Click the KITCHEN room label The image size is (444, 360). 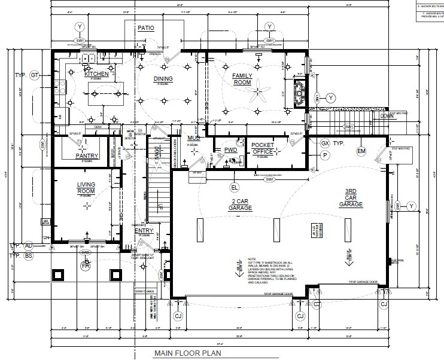coord(96,74)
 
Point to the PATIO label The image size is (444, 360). coord(146,28)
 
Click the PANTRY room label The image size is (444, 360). coord(87,156)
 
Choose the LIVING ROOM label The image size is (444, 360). coord(87,188)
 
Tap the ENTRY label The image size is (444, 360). coord(144,230)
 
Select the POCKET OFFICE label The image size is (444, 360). coord(262,148)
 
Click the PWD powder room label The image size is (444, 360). coord(230,150)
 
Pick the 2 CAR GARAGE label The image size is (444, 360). coord(239,204)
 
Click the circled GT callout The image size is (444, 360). coord(34,75)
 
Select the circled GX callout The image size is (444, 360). coord(325,144)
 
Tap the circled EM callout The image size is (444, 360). coord(361,151)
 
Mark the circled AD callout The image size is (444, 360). coord(28,246)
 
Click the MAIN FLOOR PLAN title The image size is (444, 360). coord(187,353)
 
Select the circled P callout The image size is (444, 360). coord(325,155)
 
